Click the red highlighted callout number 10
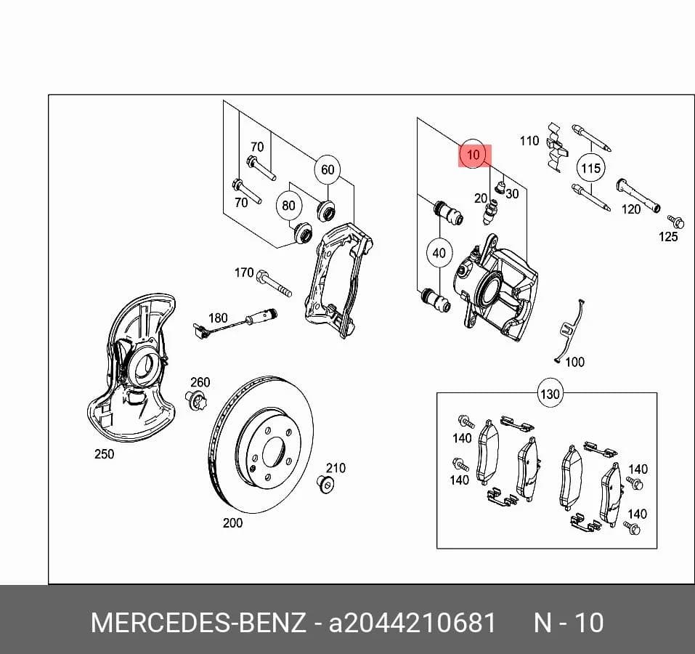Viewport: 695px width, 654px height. pyautogui.click(x=474, y=156)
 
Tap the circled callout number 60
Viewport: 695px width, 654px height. pyautogui.click(x=328, y=169)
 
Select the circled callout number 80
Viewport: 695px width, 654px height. pyautogui.click(x=288, y=206)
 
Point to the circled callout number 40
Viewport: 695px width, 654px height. pyautogui.click(x=439, y=253)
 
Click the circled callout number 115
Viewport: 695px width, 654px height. pyautogui.click(x=591, y=168)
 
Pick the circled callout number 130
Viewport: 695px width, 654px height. pyautogui.click(x=550, y=393)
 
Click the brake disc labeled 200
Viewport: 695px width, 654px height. pyautogui.click(x=261, y=445)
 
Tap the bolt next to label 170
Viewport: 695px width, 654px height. pyautogui.click(x=274, y=283)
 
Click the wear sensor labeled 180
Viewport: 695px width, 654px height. pyautogui.click(x=235, y=320)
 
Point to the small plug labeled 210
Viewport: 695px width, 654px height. pyautogui.click(x=326, y=484)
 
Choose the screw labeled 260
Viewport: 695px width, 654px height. pyautogui.click(x=195, y=400)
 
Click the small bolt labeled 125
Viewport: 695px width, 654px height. pyautogui.click(x=675, y=221)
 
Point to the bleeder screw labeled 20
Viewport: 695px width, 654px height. pyautogui.click(x=491, y=212)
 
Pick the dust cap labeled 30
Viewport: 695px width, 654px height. pyautogui.click(x=500, y=187)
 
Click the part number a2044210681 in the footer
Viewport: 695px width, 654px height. pyautogui.click(x=412, y=623)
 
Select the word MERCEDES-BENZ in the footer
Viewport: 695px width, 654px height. pyautogui.click(x=198, y=623)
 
